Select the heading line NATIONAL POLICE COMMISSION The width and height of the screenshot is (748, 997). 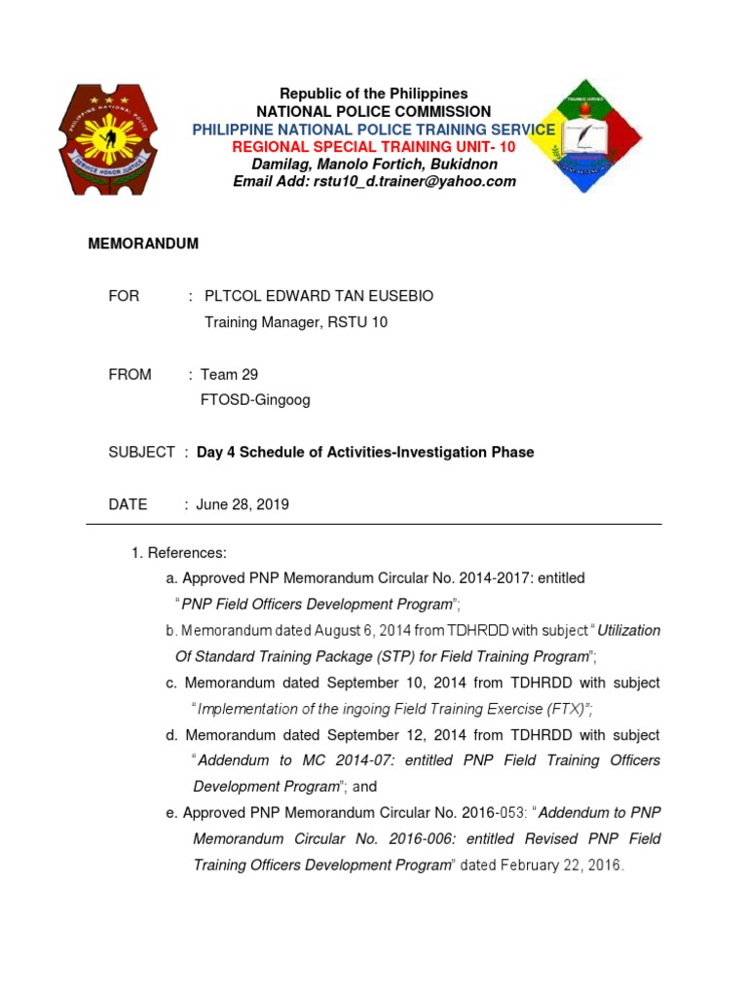click(373, 112)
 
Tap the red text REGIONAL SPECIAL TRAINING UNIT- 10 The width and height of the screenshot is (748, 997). click(373, 146)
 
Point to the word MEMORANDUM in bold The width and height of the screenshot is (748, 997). click(143, 243)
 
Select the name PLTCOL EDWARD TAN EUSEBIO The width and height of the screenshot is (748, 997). click(318, 296)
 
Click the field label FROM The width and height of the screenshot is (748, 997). click(130, 374)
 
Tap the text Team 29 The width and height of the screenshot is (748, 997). click(229, 374)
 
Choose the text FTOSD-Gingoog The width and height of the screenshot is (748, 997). click(255, 399)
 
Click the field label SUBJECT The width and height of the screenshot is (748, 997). click(141, 452)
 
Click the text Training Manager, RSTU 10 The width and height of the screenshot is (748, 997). click(295, 322)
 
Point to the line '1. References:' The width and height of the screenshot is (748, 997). click(179, 553)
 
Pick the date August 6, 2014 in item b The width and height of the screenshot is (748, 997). click(314, 631)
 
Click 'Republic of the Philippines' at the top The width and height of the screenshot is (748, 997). click(374, 93)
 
